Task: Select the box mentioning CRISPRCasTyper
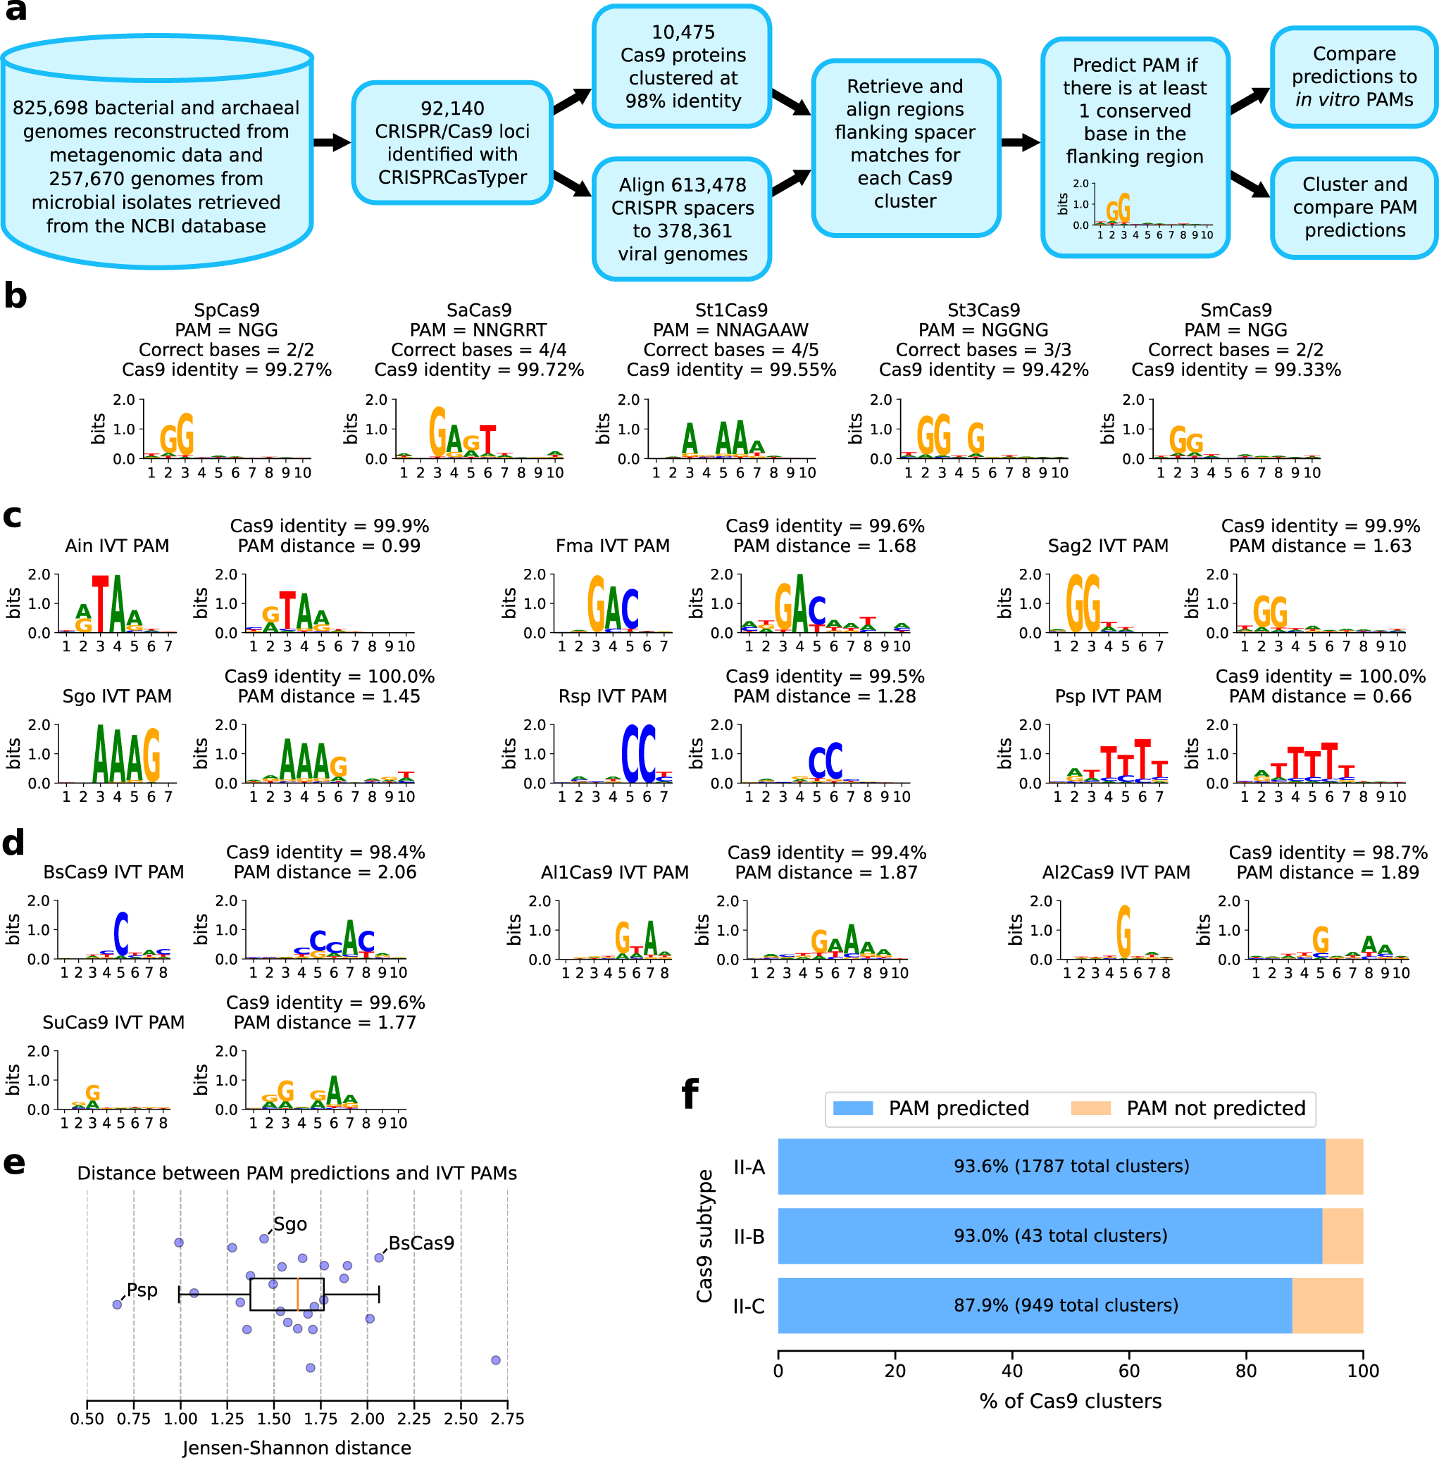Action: tap(452, 143)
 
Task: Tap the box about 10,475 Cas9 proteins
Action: tap(683, 66)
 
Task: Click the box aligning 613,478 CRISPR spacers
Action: tap(683, 219)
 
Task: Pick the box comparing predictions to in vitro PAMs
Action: tap(1354, 77)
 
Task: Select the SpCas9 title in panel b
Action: tap(227, 310)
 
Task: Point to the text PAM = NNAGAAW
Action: tap(731, 329)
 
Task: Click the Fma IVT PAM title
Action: tap(612, 546)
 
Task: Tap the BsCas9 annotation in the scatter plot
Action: tap(421, 1243)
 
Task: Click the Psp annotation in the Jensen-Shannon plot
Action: tap(142, 1290)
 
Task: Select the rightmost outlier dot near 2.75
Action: tap(495, 1360)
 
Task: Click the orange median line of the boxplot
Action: tap(297, 1294)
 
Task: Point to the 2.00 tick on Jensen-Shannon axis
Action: tap(367, 1419)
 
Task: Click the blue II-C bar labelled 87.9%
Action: tap(1034, 1305)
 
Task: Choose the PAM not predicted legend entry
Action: tap(1189, 1108)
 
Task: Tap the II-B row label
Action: tap(749, 1237)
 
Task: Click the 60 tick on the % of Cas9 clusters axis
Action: tap(1128, 1371)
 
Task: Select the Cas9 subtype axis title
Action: tap(704, 1236)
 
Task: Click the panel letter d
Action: tap(13, 843)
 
